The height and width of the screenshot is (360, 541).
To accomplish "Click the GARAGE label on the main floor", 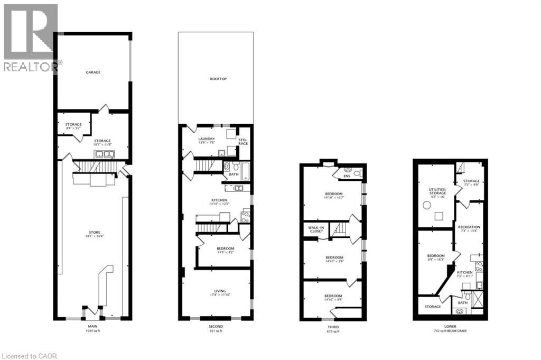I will click(x=93, y=72).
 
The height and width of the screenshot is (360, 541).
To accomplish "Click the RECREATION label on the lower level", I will click(x=469, y=227).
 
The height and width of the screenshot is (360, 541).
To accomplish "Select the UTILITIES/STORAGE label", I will click(x=438, y=191).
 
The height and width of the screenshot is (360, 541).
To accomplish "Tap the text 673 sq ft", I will click(x=333, y=331).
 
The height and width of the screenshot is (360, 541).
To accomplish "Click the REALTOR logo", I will click(x=30, y=38).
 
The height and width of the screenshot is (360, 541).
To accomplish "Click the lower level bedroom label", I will click(x=436, y=256).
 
